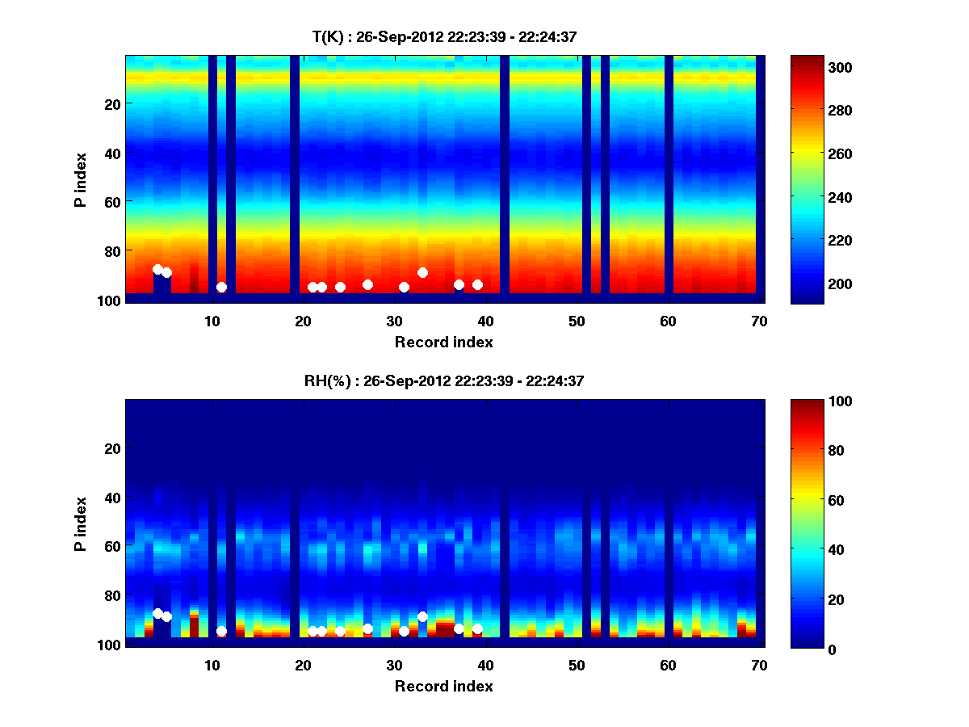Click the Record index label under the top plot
pos(443,342)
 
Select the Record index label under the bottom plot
pos(443,686)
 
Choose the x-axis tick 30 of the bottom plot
pos(394,665)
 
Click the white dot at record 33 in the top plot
pos(422,272)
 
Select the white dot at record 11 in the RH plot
pos(221,632)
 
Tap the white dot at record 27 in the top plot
pos(367,284)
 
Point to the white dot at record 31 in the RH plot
pos(404,632)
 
